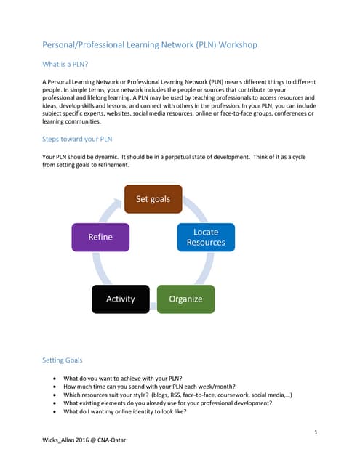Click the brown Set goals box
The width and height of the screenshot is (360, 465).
point(153,199)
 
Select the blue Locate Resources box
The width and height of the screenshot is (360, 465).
point(206,237)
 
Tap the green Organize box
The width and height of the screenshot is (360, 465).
point(185,299)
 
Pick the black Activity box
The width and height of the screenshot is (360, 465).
point(121,299)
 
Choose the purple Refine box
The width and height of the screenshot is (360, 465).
point(100,237)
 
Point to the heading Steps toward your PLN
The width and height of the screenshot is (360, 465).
point(77,139)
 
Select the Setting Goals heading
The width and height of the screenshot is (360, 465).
point(63,360)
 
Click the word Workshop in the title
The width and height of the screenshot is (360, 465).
point(231,45)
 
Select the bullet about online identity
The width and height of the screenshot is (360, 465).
point(135,411)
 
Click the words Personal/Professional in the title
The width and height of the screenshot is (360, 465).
point(88,45)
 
